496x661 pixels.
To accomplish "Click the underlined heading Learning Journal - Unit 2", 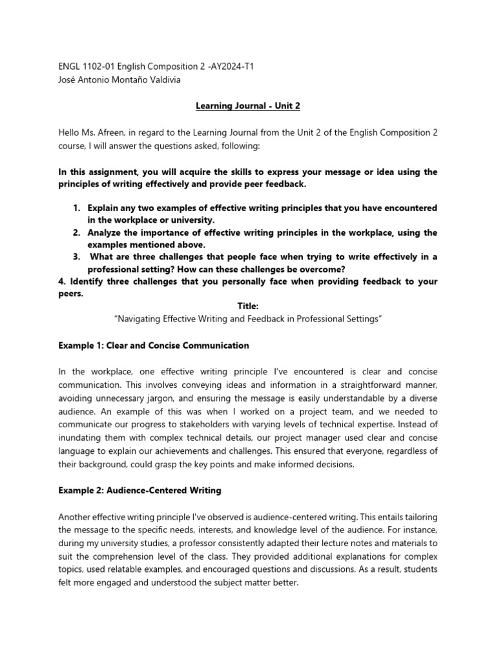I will pyautogui.click(x=248, y=106).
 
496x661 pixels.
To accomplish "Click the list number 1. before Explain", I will pyautogui.click(x=76, y=208).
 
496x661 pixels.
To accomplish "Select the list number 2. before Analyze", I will pyautogui.click(x=76, y=232).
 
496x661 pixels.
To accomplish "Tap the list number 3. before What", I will pyautogui.click(x=76, y=257).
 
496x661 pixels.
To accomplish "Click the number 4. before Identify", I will pyautogui.click(x=62, y=281).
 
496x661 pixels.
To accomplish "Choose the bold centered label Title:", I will pyautogui.click(x=248, y=307).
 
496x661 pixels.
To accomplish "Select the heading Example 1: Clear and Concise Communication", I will pyautogui.click(x=153, y=345).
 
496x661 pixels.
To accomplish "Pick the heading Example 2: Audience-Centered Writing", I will pyautogui.click(x=139, y=491).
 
